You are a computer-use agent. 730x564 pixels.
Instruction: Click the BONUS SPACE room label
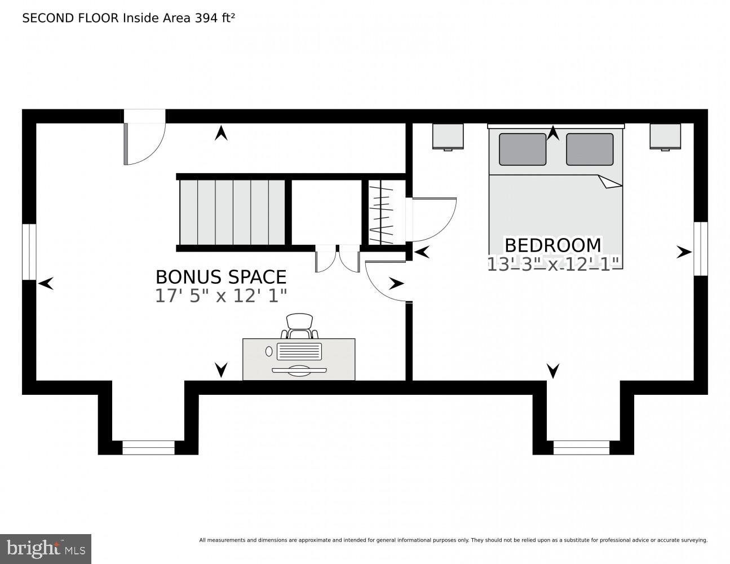point(221,277)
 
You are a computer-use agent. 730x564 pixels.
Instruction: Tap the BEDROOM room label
point(552,245)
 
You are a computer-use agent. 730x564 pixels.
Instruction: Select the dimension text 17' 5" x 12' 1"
point(221,296)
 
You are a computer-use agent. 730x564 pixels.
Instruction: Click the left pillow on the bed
point(522,149)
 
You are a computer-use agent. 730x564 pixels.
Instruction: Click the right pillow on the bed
point(590,149)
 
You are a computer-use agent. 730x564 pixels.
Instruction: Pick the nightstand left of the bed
point(448,136)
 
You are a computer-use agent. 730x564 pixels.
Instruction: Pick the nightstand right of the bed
point(665,136)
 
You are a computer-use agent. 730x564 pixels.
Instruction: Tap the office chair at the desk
point(299,325)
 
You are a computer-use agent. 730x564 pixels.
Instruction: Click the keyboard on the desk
point(299,352)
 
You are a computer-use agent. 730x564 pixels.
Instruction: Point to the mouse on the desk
point(269,351)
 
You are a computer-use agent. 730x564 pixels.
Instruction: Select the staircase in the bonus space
point(232,212)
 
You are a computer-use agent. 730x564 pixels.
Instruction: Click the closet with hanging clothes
point(381,213)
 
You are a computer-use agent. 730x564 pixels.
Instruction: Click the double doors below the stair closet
point(338,259)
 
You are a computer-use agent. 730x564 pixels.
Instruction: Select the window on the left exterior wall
point(29,252)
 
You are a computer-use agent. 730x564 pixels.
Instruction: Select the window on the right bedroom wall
point(700,249)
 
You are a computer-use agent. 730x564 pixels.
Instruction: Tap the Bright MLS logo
point(46,549)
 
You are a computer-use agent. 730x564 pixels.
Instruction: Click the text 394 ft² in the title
point(215,18)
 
